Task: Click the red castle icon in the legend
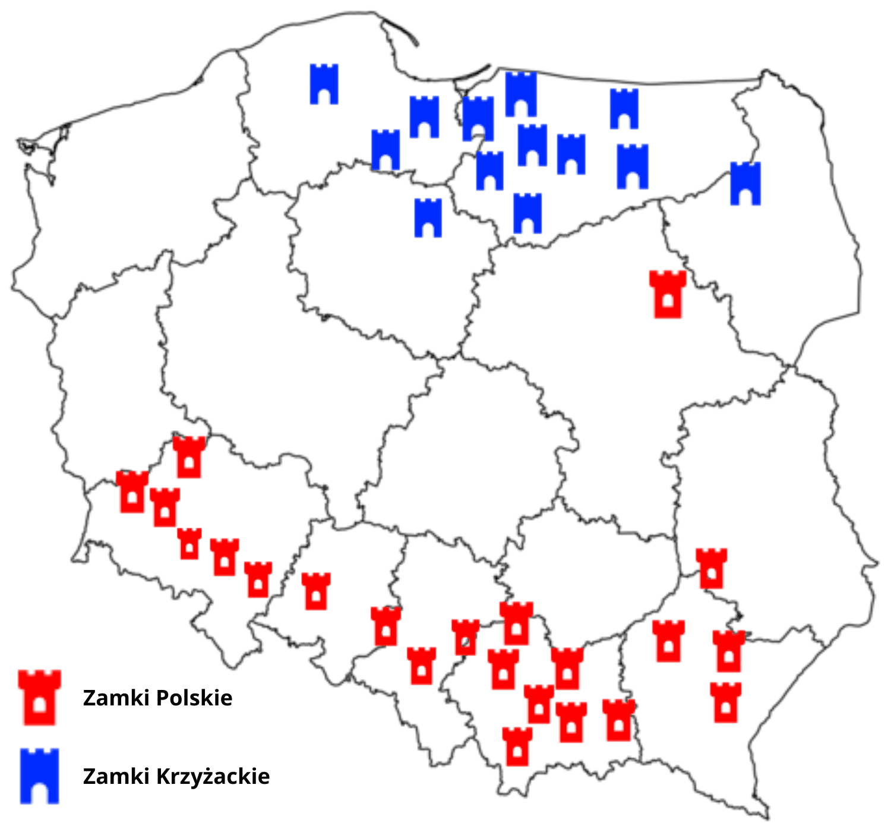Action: coord(39,697)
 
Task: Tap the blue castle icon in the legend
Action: coord(39,776)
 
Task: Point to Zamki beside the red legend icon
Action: coord(108,698)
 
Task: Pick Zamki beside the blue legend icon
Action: coord(108,776)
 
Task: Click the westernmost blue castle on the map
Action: coord(324,84)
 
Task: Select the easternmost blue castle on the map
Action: coord(745,184)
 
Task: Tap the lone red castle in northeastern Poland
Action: coord(668,294)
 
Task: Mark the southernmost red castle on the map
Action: coord(517,746)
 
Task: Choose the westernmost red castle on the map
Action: coord(132,492)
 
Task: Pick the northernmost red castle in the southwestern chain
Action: coord(189,457)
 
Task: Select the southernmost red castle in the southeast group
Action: coord(725,702)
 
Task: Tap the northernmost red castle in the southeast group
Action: coord(711,569)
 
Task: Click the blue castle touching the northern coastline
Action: coord(521,94)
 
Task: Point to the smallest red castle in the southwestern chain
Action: coord(189,544)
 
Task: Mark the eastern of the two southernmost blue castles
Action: coord(527,213)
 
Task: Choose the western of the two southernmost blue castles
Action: coord(428,218)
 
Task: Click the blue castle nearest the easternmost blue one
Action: coord(633,166)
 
